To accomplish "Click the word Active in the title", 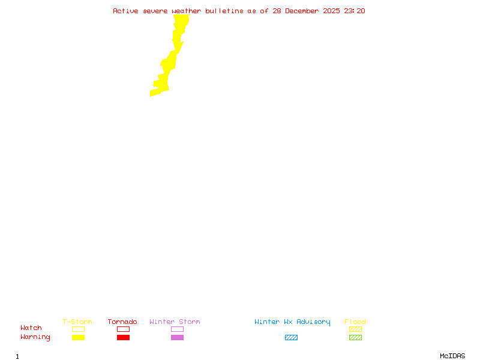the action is pyautogui.click(x=126, y=11).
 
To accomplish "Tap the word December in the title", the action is pyautogui.click(x=305, y=11).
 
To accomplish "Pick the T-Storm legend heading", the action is pyautogui.click(x=77, y=322).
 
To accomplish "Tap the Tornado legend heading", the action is pyautogui.click(x=122, y=322).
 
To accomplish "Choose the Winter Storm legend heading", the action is pyautogui.click(x=175, y=322).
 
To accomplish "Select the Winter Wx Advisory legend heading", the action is pyautogui.click(x=292, y=322).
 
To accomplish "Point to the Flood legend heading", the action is pyautogui.click(x=355, y=322).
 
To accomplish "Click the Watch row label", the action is pyautogui.click(x=31, y=328).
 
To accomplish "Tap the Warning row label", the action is pyautogui.click(x=35, y=337).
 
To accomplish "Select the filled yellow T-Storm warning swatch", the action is pyautogui.click(x=78, y=338).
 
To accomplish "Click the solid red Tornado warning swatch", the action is pyautogui.click(x=123, y=338).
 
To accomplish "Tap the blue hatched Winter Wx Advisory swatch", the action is pyautogui.click(x=291, y=338).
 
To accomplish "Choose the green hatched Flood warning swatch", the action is pyautogui.click(x=355, y=338).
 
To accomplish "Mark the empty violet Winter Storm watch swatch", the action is pyautogui.click(x=177, y=329).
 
